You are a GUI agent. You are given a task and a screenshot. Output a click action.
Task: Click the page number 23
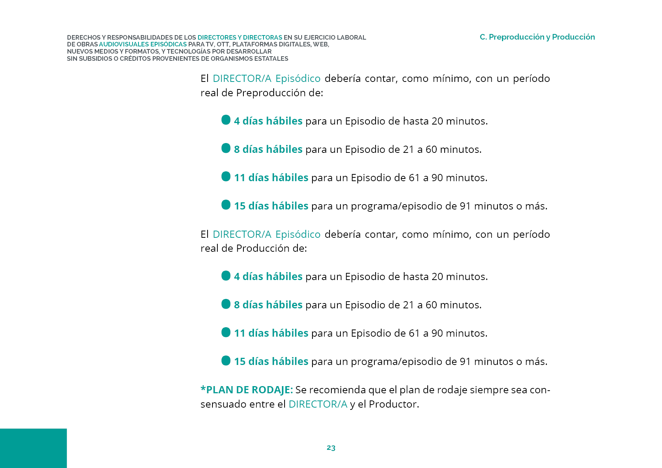click(331, 448)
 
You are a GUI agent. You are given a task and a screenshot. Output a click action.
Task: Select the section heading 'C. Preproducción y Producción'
click(537, 37)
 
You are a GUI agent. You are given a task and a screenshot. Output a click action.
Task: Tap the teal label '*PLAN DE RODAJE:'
click(246, 390)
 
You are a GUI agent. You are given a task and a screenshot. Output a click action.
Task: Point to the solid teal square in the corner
click(33, 448)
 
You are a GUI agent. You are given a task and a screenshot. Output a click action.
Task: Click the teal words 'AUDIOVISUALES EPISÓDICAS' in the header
click(143, 45)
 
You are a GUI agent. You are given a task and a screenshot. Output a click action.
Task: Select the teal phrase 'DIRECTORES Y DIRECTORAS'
click(240, 37)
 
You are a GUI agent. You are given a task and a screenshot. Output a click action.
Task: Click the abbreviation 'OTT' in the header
click(223, 45)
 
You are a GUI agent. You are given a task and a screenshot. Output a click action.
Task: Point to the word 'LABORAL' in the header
click(351, 37)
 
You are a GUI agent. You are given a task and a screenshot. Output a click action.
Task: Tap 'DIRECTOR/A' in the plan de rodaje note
click(318, 404)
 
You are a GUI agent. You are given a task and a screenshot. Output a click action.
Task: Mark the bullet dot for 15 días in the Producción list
click(226, 361)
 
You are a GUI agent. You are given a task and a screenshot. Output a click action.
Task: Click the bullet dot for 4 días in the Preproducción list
click(226, 120)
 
